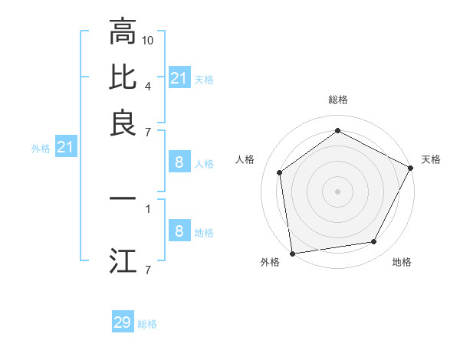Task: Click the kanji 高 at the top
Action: [x=123, y=31]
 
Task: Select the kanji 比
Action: [x=123, y=77]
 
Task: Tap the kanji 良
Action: [x=123, y=123]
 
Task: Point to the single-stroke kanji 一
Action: [x=123, y=198]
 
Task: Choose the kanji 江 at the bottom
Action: [x=123, y=260]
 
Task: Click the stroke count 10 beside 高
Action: [x=149, y=40]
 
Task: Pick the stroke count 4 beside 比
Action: [x=148, y=85]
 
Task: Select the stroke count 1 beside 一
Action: [x=148, y=207]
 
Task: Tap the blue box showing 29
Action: [x=123, y=322]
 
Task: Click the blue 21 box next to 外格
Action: [x=65, y=147]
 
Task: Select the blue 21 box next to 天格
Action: [x=179, y=78]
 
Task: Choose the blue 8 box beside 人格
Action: [x=179, y=162]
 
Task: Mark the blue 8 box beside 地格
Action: [x=179, y=231]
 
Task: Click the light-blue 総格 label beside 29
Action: [x=147, y=324]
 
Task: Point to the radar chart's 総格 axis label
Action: [x=338, y=100]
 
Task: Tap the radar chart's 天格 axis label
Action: [x=431, y=159]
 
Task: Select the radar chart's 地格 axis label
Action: [x=402, y=262]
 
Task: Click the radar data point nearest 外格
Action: [x=292, y=253]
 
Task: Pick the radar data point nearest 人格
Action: [x=280, y=172]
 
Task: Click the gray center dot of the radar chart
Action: [x=337, y=191]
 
